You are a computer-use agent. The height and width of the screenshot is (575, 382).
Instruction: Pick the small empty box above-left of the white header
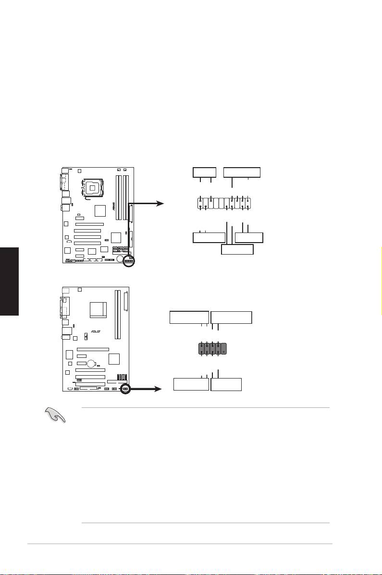(204, 172)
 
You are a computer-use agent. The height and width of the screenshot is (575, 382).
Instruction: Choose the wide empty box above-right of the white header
(242, 172)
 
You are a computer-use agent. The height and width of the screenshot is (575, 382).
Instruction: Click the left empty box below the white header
(209, 237)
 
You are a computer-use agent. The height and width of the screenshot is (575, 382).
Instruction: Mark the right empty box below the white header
(249, 237)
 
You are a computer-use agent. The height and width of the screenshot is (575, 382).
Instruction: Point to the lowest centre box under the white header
(237, 249)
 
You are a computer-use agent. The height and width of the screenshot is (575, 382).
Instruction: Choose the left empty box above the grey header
(189, 318)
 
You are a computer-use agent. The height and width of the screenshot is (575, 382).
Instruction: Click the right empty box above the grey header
(231, 318)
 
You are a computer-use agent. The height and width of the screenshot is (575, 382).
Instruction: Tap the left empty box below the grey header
(191, 384)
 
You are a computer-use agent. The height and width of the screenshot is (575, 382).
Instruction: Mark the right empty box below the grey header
(226, 384)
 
